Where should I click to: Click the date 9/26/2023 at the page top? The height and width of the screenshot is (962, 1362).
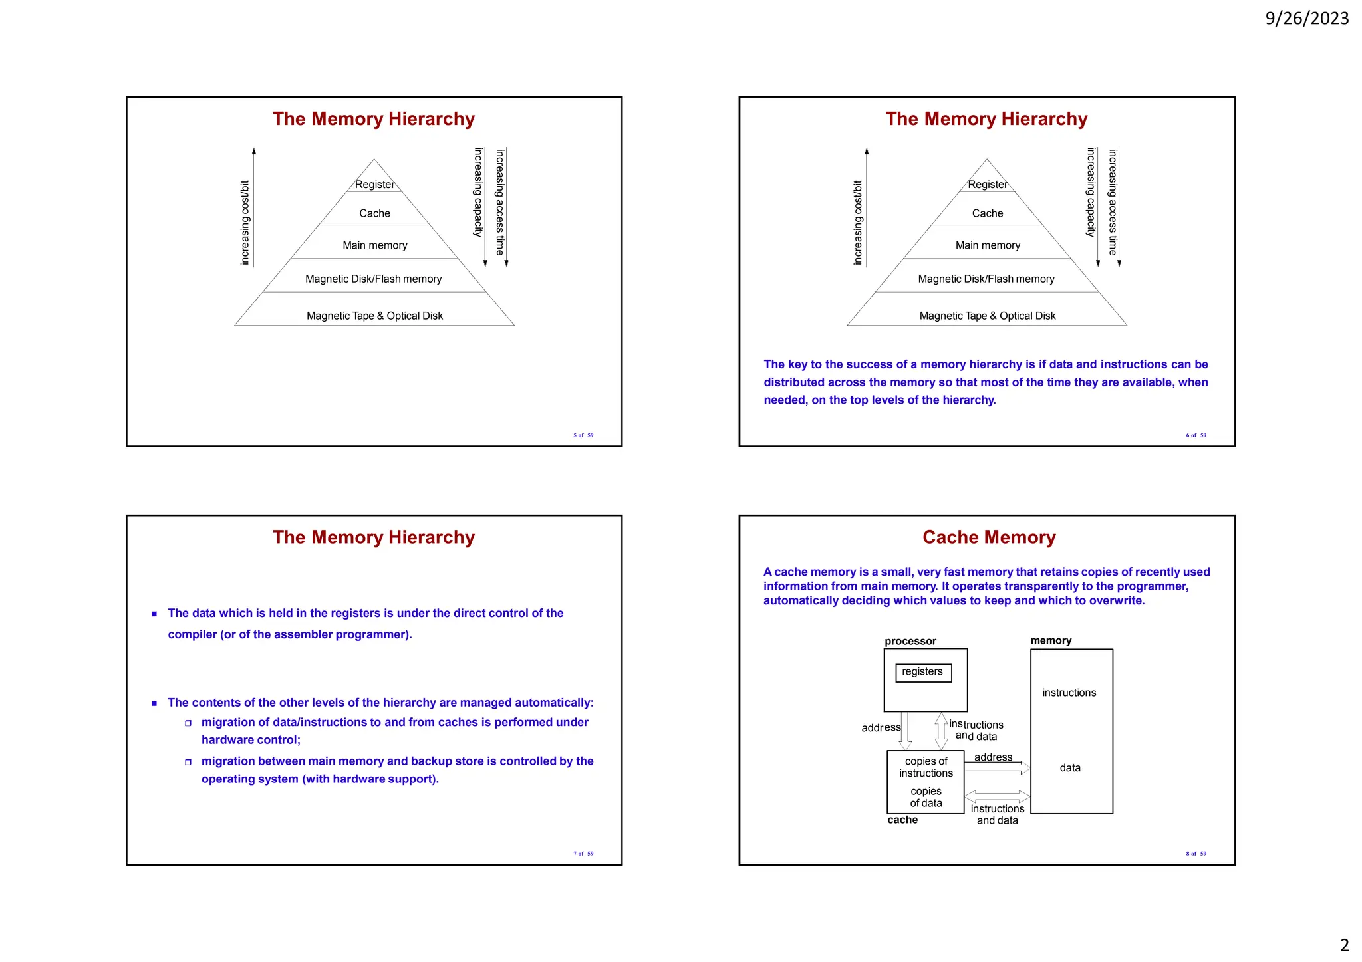(1306, 19)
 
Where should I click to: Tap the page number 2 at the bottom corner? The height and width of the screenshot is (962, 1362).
(1344, 945)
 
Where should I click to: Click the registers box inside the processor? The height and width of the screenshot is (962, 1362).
(923, 672)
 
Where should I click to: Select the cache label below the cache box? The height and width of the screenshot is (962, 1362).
(902, 820)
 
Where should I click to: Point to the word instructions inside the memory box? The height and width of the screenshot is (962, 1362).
(1069, 693)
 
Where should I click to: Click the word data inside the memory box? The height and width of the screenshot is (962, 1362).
(1070, 768)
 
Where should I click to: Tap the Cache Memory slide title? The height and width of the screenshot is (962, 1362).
(989, 537)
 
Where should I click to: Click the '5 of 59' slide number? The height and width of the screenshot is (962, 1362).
(583, 435)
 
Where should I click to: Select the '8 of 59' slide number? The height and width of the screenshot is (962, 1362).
(1196, 854)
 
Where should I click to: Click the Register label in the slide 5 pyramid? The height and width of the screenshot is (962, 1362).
(374, 185)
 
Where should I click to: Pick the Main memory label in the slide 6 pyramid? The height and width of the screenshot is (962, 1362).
(988, 245)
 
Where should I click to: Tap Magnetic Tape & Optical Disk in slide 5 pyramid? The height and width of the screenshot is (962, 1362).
(374, 316)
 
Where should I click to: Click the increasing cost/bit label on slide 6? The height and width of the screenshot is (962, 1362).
(857, 223)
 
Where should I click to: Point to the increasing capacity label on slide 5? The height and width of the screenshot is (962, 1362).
(477, 193)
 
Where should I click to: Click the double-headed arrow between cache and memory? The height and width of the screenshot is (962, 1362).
(997, 796)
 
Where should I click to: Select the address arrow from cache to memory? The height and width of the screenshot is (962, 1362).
(996, 768)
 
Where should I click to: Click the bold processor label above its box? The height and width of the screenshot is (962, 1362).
(910, 641)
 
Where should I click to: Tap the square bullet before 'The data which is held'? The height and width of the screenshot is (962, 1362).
(154, 614)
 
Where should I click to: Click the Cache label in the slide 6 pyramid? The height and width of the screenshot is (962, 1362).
(988, 213)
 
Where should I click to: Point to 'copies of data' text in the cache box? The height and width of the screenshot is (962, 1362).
(926, 797)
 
